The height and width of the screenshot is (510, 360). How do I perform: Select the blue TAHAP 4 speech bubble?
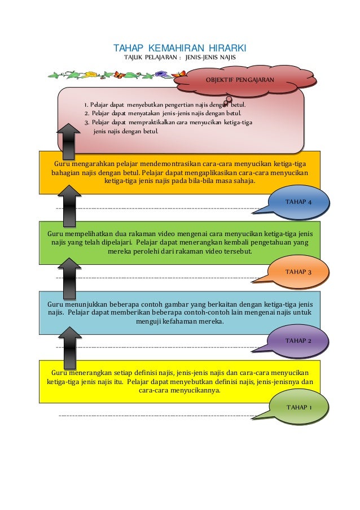pos(298,202)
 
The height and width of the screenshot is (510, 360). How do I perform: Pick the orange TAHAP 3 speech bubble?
pos(298,272)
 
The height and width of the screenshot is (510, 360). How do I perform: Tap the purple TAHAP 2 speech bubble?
pos(298,341)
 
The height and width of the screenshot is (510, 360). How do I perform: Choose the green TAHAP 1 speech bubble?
pos(298,407)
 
